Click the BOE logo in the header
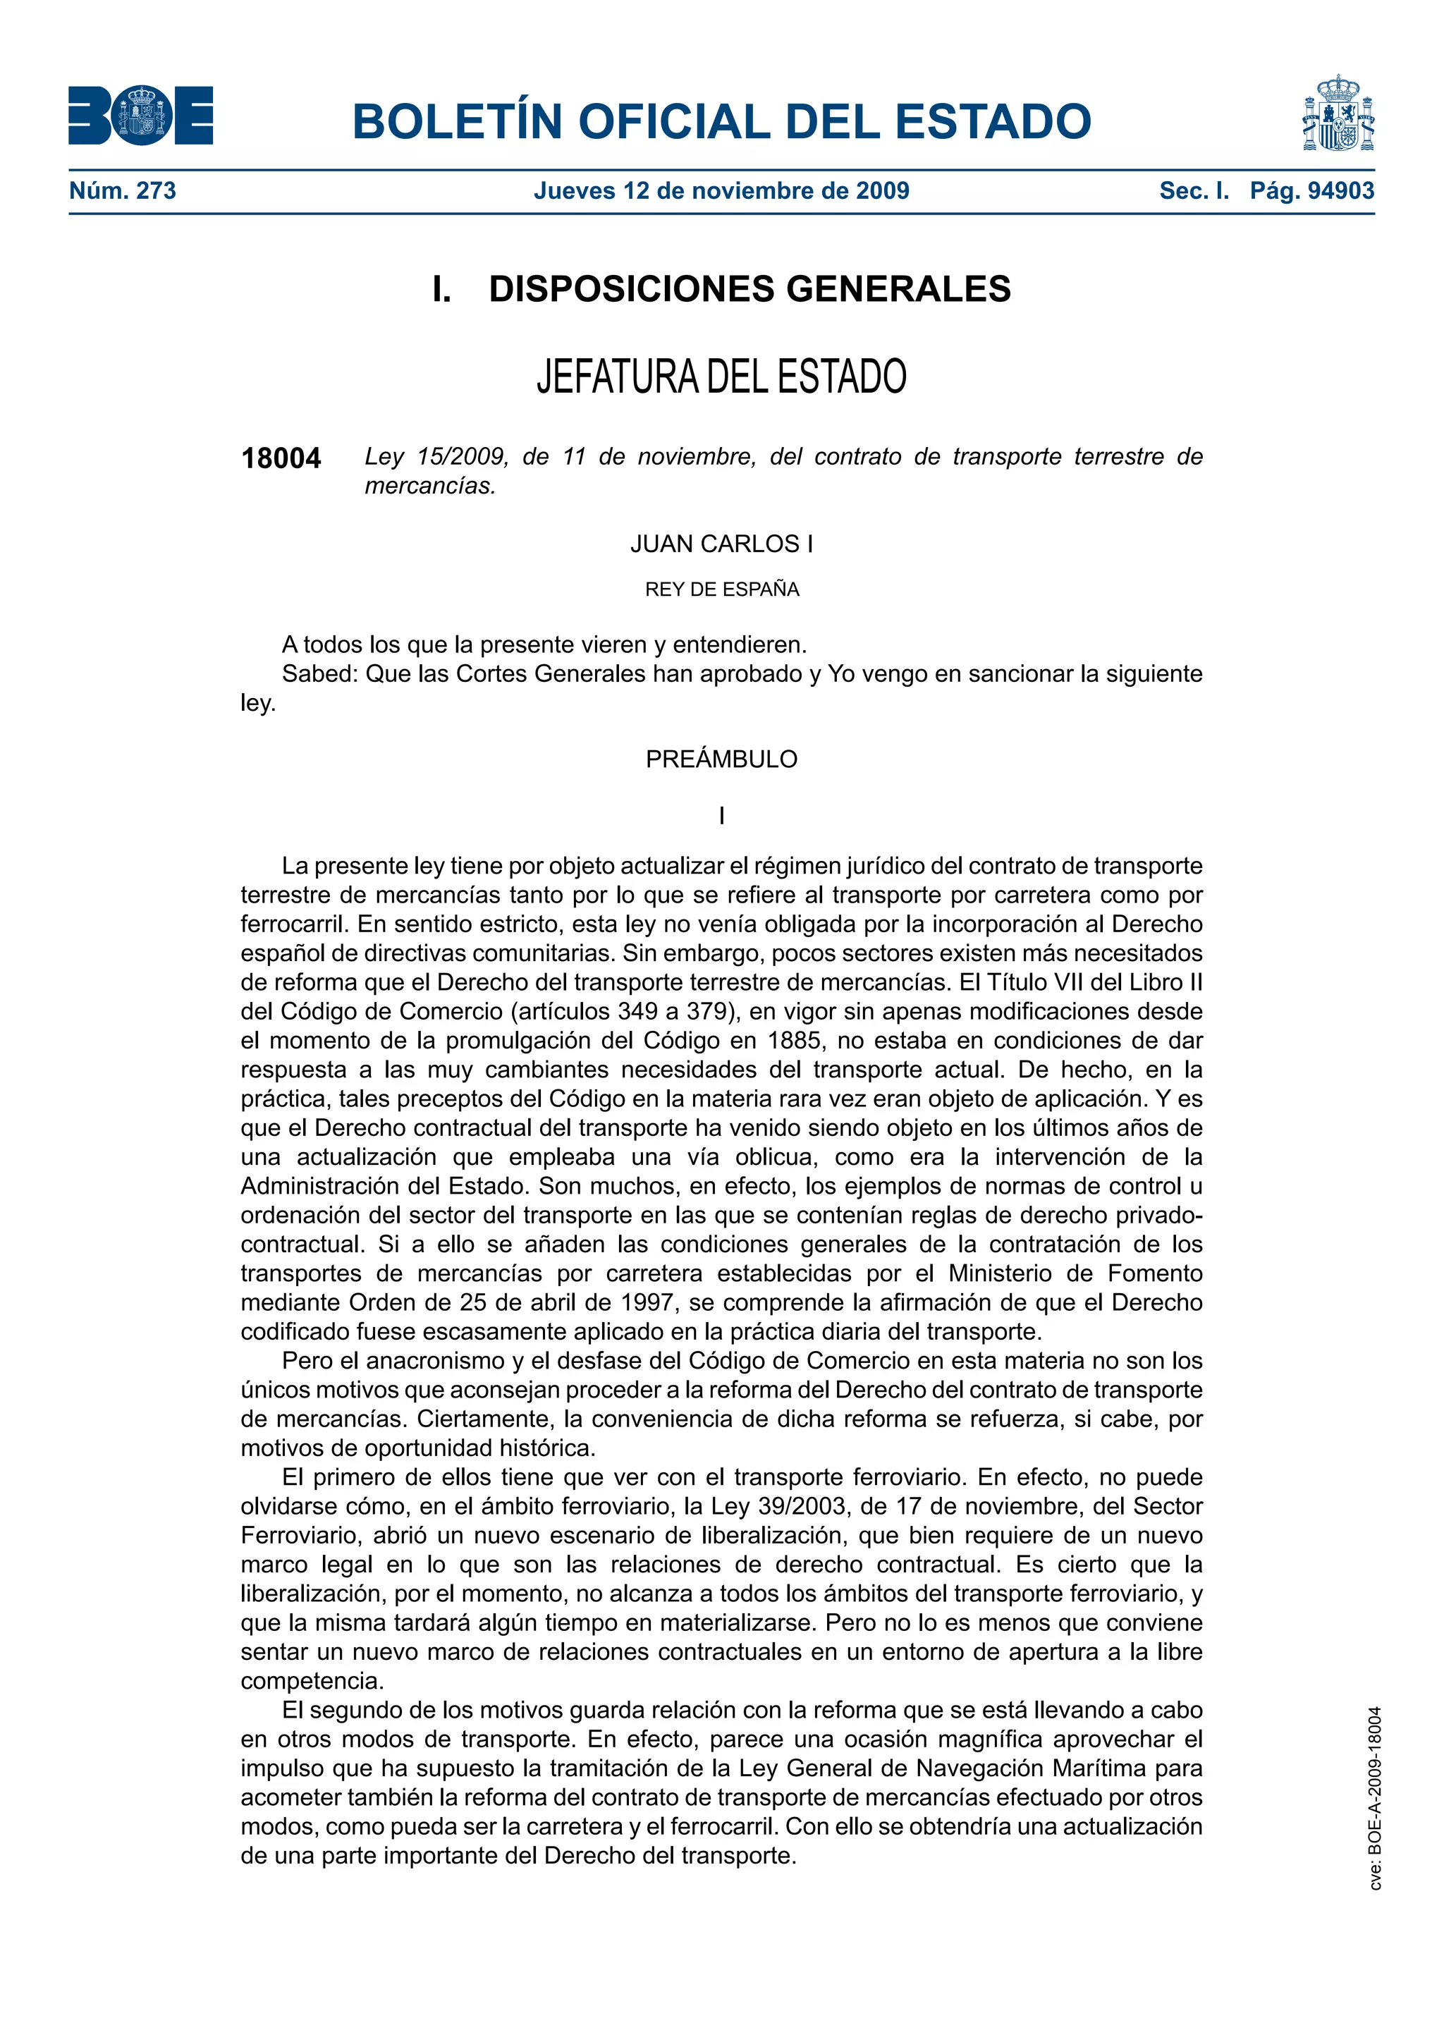[x=140, y=116]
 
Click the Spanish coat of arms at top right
[x=1338, y=114]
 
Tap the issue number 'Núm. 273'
[x=123, y=190]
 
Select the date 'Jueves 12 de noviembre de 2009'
[x=721, y=190]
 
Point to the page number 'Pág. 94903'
[x=1311, y=190]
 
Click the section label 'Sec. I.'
[x=1194, y=190]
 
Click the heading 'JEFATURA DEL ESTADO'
[x=721, y=377]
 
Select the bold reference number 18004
[x=281, y=458]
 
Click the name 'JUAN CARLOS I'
[x=721, y=544]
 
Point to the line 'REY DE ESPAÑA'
[x=721, y=589]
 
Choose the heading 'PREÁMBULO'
[x=721, y=759]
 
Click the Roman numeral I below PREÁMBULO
[x=721, y=816]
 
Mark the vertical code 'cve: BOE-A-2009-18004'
[x=1375, y=1797]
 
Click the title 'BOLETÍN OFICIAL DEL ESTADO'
[x=721, y=121]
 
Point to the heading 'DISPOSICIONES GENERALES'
[x=749, y=289]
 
